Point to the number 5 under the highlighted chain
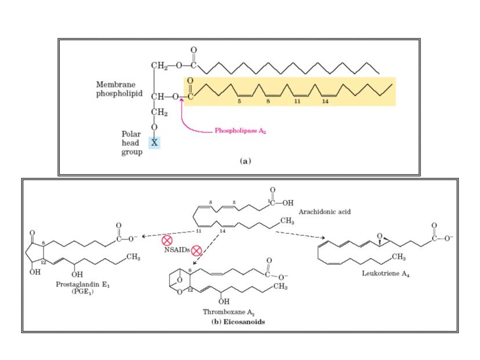[x=239, y=100]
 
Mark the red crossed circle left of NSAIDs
[x=166, y=239]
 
